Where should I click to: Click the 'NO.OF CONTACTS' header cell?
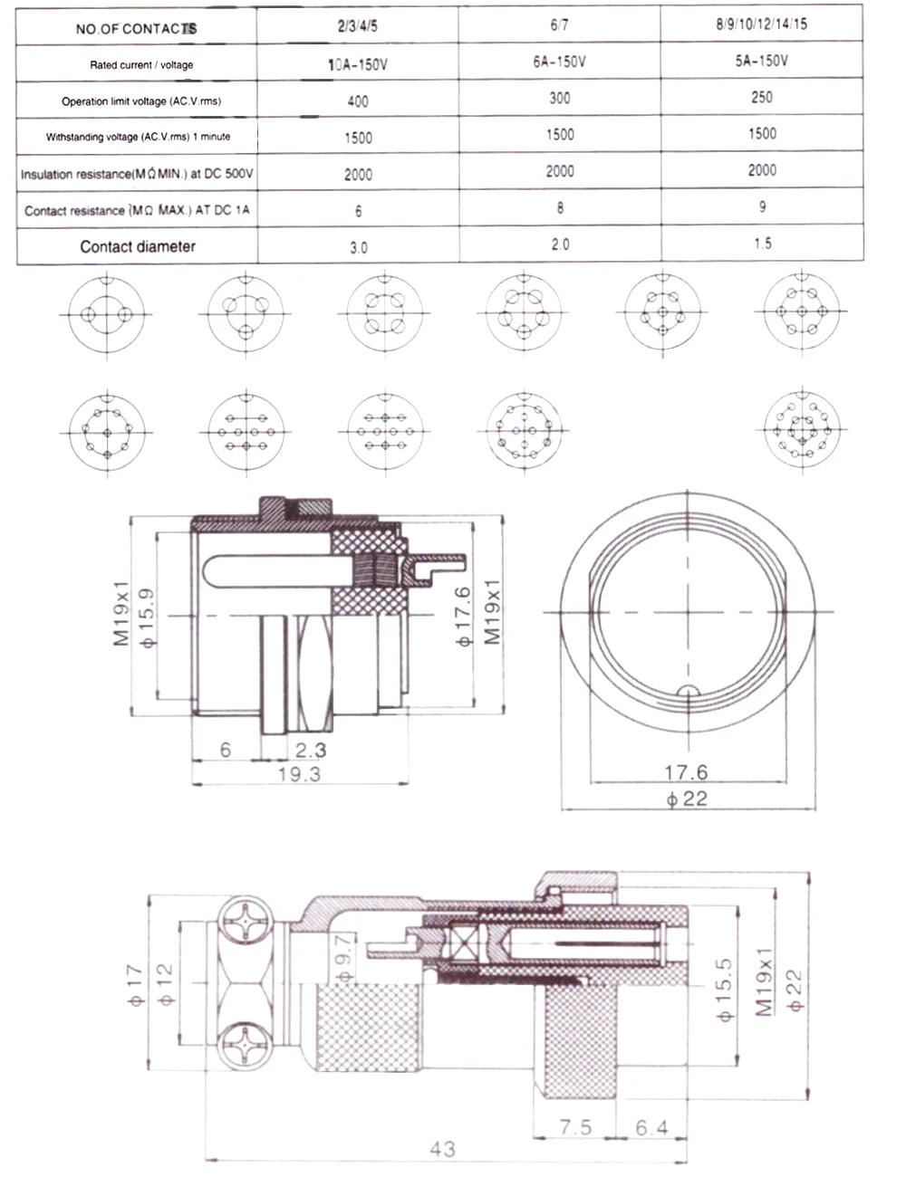[x=136, y=28]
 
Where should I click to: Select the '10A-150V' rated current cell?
[x=357, y=63]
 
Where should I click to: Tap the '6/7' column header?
[x=559, y=24]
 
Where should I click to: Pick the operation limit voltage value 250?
[x=761, y=97]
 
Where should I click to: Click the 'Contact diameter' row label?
[x=138, y=246]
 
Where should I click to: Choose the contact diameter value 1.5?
[x=762, y=243]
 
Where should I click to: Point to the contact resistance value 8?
[x=560, y=207]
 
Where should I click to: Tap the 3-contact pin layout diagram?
[x=246, y=314]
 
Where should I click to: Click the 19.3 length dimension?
[x=299, y=774]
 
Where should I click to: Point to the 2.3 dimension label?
[x=311, y=750]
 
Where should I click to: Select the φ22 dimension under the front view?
[x=687, y=799]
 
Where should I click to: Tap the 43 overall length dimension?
[x=442, y=1149]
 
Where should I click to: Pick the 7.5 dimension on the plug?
[x=575, y=1127]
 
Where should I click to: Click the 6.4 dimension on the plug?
[x=651, y=1127]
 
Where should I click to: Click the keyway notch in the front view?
[x=689, y=694]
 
